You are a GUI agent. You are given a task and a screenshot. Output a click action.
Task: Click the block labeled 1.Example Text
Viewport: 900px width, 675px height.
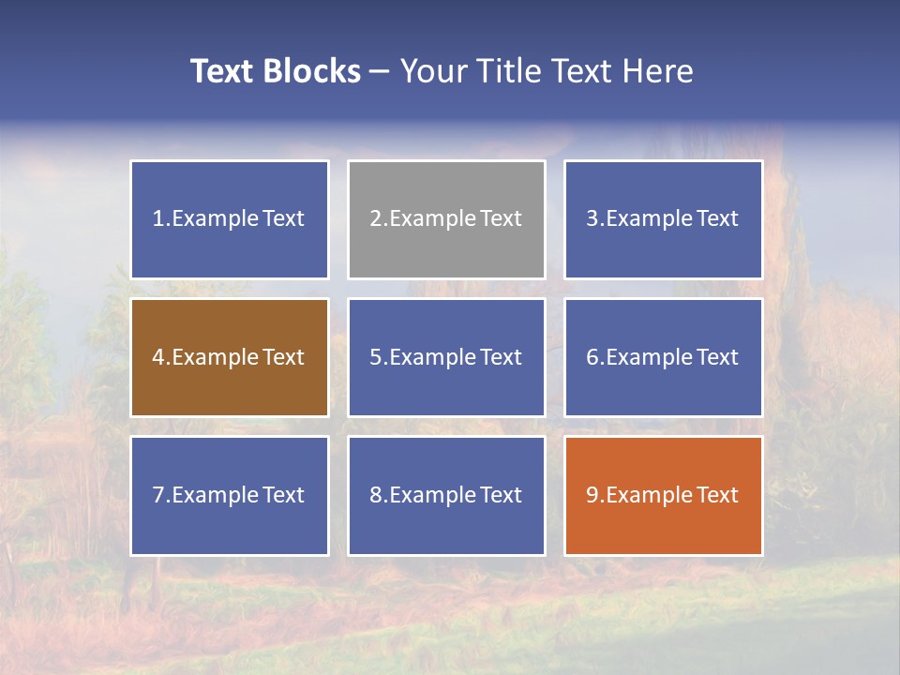point(230,219)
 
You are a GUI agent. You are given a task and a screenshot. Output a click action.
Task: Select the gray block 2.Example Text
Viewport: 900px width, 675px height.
point(446,219)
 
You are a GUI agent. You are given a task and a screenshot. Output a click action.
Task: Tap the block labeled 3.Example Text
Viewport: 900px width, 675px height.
point(663,219)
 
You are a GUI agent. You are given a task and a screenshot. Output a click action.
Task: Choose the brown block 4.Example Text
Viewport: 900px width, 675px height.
point(230,357)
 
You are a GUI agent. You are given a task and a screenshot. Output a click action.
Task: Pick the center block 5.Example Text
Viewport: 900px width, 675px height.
point(446,357)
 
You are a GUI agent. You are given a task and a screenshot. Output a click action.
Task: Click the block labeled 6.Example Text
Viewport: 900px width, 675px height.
point(663,357)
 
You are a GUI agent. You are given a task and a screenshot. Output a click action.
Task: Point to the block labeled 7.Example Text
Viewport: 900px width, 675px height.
point(230,495)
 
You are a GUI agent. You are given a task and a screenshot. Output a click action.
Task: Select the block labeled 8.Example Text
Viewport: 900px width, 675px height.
point(446,495)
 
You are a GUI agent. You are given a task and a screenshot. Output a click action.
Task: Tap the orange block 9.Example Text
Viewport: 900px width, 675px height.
point(663,495)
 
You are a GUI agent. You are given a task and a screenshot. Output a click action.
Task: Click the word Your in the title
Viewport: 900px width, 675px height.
point(432,71)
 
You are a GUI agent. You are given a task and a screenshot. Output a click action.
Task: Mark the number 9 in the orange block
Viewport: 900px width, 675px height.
point(592,495)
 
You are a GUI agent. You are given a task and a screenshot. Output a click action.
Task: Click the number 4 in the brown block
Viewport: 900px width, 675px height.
point(158,357)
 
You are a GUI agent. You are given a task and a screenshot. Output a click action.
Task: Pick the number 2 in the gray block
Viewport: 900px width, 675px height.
point(375,219)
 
